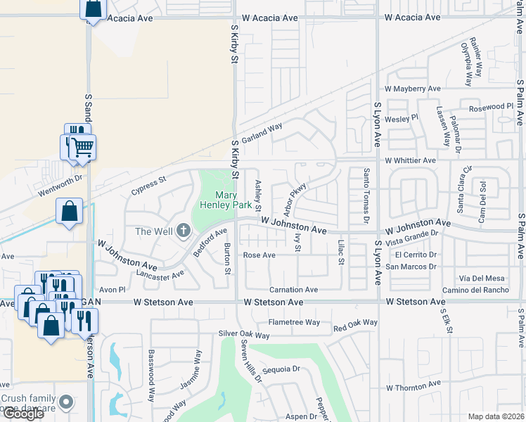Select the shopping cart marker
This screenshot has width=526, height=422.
[82, 148]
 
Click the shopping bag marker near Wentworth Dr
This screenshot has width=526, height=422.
[70, 211]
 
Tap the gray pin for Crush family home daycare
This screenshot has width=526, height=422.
[66, 402]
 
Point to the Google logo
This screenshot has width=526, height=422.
[23, 414]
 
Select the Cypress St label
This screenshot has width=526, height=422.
[148, 185]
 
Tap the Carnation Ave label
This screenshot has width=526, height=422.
[294, 290]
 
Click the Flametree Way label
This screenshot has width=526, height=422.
[294, 322]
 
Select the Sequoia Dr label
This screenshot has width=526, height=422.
[281, 368]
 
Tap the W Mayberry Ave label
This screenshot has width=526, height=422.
[412, 89]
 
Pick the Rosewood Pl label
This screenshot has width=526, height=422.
[492, 106]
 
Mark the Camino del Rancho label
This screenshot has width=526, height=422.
[475, 290]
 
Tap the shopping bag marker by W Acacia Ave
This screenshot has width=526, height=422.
[94, 9]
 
